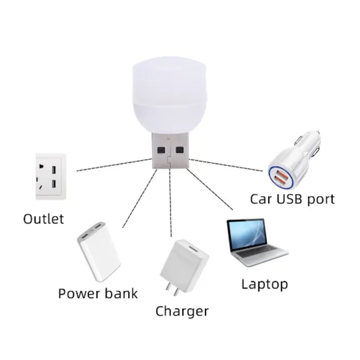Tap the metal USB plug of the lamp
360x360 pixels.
(171, 151)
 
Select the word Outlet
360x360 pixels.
(44, 219)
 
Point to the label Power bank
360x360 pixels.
(98, 294)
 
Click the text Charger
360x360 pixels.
(182, 311)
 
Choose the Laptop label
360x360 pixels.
(264, 284)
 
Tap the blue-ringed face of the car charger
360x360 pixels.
(280, 177)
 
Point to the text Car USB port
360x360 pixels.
(292, 199)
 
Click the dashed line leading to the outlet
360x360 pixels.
(113, 165)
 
